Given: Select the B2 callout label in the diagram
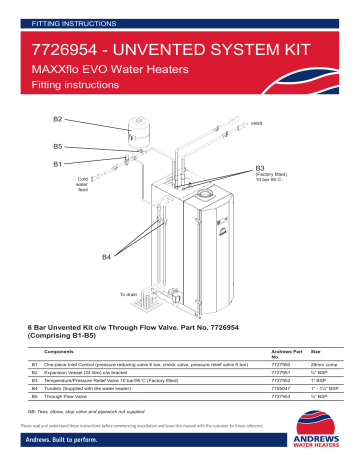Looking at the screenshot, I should click(x=58, y=120).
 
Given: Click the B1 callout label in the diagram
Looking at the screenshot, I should click(x=58, y=161).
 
